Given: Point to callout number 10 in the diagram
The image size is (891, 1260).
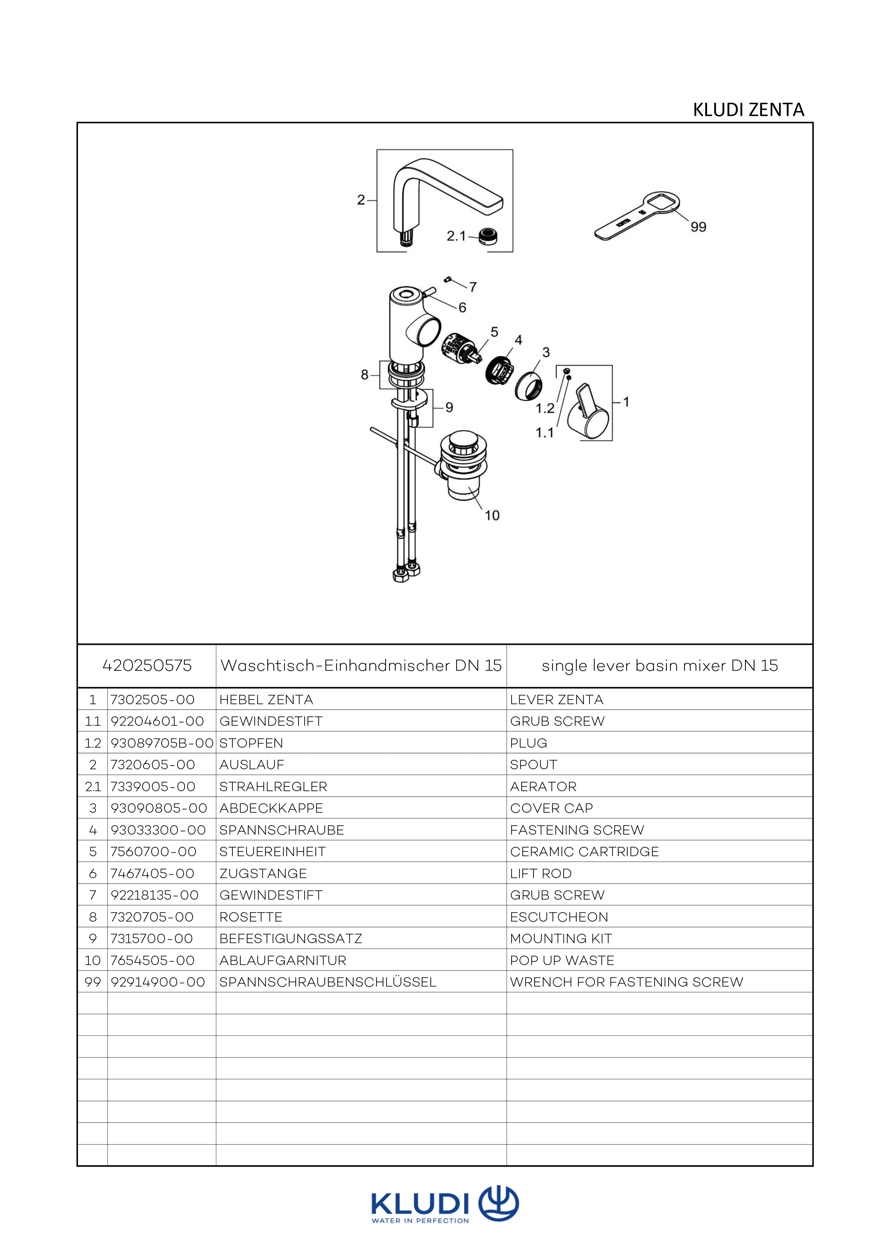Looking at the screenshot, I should (x=492, y=515).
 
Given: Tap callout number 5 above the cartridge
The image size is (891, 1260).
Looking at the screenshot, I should (x=494, y=332).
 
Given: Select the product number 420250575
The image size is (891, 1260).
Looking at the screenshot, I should (x=147, y=666).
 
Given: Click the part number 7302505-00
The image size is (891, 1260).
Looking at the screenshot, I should (x=153, y=700).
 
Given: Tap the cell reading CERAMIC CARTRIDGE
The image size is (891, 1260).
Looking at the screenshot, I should (x=584, y=852).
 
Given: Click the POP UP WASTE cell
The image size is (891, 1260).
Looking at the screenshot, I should (x=562, y=960).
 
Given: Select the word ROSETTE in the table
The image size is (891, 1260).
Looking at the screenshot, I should (x=251, y=917).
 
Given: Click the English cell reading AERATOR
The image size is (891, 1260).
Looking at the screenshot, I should (x=543, y=786).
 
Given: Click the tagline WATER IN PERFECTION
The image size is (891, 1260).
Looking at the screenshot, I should (x=420, y=1220).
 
